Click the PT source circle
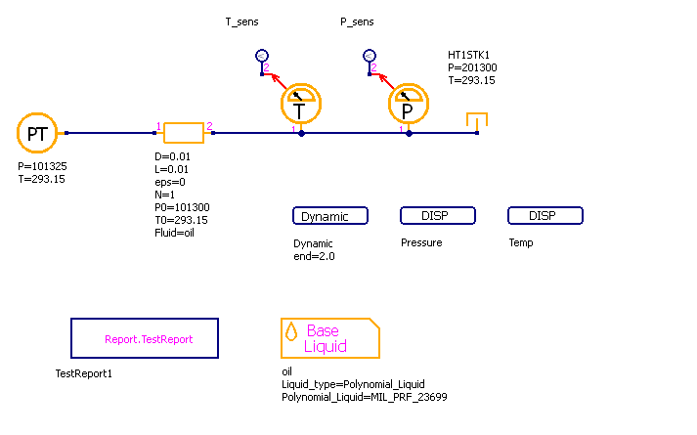tap(37, 134)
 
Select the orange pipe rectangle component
tap(183, 133)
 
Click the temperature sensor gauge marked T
tap(301, 103)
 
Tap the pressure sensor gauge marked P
tap(409, 103)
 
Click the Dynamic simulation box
tap(330, 216)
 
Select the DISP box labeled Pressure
tap(437, 216)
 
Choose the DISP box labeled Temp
tap(545, 216)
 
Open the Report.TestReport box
tap(145, 338)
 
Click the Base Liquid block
tap(329, 338)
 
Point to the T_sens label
tap(242, 22)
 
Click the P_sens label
tap(357, 22)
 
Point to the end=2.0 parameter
tap(314, 256)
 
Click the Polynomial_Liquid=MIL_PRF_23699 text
tap(365, 397)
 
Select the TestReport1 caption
tap(85, 372)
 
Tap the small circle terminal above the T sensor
tap(261, 56)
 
